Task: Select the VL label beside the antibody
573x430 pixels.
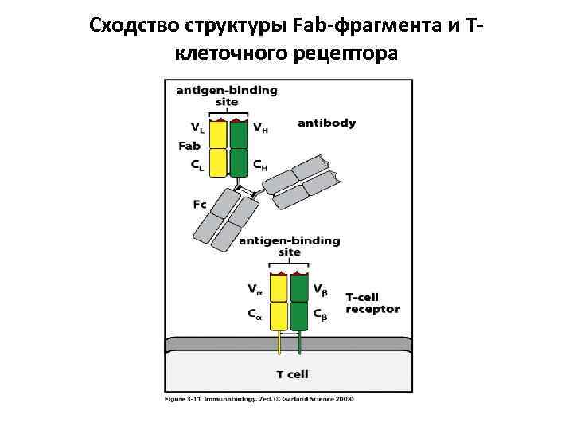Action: pyautogui.click(x=196, y=127)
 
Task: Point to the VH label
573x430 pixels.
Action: pyautogui.click(x=260, y=127)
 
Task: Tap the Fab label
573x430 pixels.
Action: pyautogui.click(x=189, y=146)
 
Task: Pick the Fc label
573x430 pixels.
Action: pyautogui.click(x=200, y=205)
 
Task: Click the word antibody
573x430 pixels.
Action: pyautogui.click(x=326, y=123)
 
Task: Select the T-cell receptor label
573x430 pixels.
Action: pyautogui.click(x=372, y=303)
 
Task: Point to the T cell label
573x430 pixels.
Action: pyautogui.click(x=292, y=373)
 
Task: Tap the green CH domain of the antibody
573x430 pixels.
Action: pyautogui.click(x=239, y=162)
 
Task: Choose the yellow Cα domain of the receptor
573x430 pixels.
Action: pyautogui.click(x=279, y=315)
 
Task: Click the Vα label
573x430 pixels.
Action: pyautogui.click(x=255, y=289)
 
